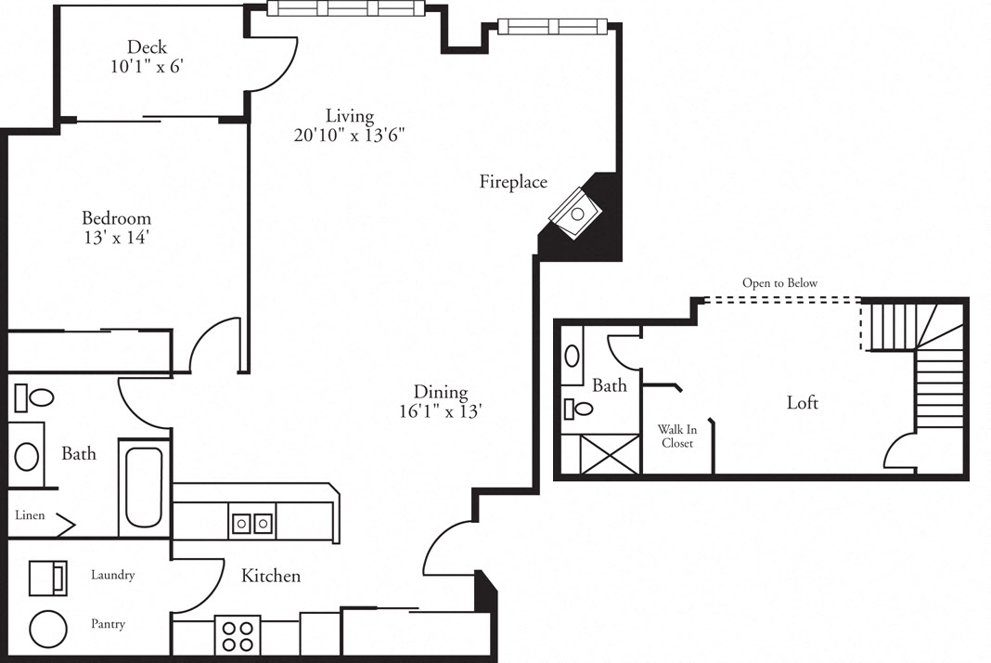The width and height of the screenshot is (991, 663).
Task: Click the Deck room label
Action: click(x=147, y=46)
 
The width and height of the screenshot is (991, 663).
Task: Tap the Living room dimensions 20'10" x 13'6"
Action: click(x=349, y=135)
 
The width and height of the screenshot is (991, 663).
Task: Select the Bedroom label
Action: click(x=116, y=218)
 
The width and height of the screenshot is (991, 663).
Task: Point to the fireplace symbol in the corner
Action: click(x=577, y=214)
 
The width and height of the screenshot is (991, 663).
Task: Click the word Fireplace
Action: click(x=513, y=182)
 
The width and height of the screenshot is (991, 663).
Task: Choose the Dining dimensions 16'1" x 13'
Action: click(x=441, y=412)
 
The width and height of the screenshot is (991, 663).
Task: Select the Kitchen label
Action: click(x=271, y=577)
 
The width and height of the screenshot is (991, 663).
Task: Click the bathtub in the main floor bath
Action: click(x=143, y=487)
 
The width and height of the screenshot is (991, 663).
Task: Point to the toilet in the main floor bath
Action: click(x=35, y=399)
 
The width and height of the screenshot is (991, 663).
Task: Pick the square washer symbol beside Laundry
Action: click(x=47, y=578)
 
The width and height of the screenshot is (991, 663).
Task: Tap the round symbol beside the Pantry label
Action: click(x=48, y=630)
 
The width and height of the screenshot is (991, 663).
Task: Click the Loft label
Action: click(x=803, y=403)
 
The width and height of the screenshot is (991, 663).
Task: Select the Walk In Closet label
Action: click(x=676, y=436)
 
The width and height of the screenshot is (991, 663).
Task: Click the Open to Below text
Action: click(x=779, y=283)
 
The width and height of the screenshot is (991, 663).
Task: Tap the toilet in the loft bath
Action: click(x=578, y=409)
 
